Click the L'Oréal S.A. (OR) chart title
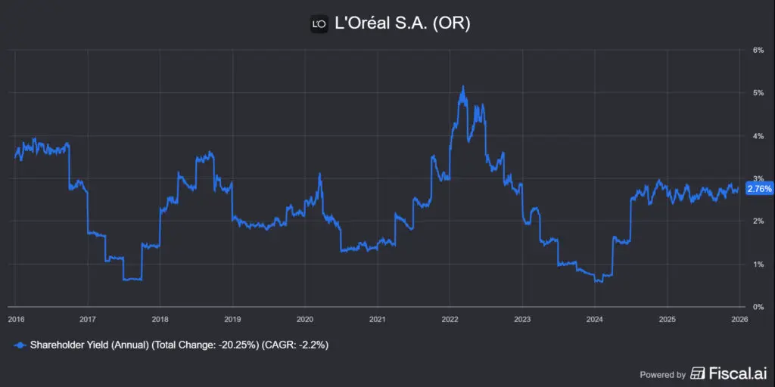(402, 23)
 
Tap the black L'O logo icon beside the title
(319, 24)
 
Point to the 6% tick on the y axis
(757, 50)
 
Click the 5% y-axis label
(757, 93)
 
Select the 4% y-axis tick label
(757, 136)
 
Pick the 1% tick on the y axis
(757, 265)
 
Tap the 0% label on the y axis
(757, 307)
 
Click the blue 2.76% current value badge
(759, 189)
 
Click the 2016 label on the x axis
(16, 319)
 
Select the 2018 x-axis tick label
(160, 319)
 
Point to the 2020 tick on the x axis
(305, 319)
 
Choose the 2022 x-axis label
(450, 319)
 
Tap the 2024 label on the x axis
(595, 319)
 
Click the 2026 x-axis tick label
(739, 319)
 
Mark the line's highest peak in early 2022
(463, 87)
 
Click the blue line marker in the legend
(20, 345)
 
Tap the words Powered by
(662, 374)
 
